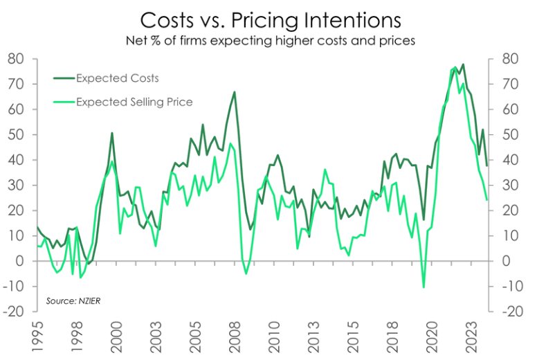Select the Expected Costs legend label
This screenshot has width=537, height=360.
click(x=117, y=77)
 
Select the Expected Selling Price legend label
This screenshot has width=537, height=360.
click(x=134, y=102)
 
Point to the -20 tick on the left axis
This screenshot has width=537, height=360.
click(x=15, y=311)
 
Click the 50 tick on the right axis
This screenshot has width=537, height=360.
click(x=509, y=134)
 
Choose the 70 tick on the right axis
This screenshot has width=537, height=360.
click(x=509, y=84)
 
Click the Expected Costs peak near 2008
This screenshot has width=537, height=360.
click(x=235, y=92)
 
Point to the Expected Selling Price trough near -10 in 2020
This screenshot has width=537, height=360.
click(x=424, y=287)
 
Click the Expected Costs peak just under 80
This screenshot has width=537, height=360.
click(x=463, y=64)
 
